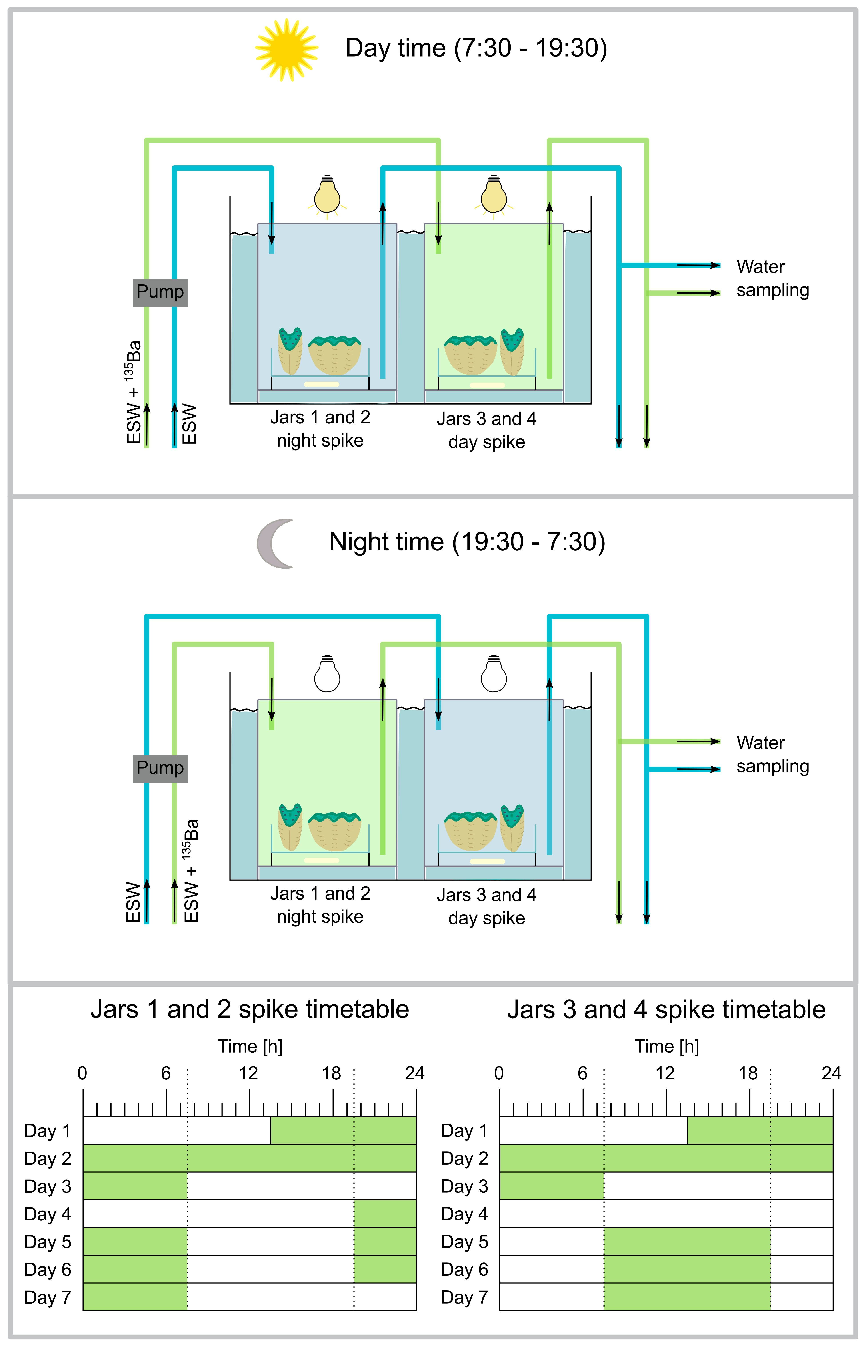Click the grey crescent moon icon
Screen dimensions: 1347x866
pos(276,543)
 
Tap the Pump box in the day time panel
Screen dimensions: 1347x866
pos(160,292)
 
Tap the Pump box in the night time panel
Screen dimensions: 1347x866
pos(160,768)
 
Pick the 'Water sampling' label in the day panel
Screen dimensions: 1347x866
pos(772,278)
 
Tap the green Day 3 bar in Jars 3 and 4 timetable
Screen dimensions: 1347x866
pos(552,1186)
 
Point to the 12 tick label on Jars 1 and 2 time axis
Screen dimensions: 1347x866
pos(248,1073)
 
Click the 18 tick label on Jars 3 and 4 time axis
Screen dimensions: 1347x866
pos(748,1073)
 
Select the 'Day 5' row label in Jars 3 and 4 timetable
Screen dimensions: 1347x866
pos(464,1241)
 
